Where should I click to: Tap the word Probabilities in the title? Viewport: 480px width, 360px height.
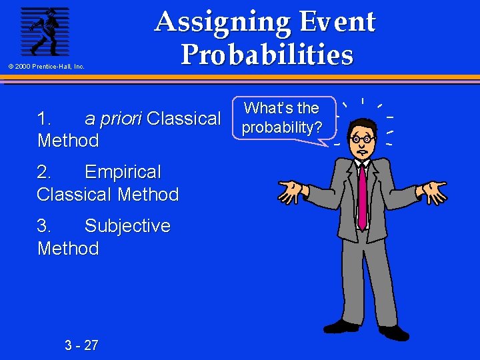click(x=267, y=55)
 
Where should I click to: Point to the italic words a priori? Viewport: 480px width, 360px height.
click(x=113, y=119)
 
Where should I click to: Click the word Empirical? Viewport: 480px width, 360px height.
click(x=123, y=172)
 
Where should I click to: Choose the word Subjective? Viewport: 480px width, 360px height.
click(x=127, y=226)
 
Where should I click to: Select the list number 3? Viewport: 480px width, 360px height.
click(x=44, y=226)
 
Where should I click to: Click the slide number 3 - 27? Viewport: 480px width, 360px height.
click(x=81, y=345)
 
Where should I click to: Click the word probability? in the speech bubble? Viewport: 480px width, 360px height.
click(x=281, y=127)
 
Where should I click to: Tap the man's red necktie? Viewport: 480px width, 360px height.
click(x=362, y=193)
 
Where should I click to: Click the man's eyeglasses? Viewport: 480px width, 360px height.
click(x=362, y=139)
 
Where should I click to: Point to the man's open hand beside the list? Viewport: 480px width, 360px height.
click(x=292, y=191)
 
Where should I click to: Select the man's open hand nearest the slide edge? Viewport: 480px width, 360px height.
click(x=433, y=191)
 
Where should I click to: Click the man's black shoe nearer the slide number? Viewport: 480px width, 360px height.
click(x=341, y=326)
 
